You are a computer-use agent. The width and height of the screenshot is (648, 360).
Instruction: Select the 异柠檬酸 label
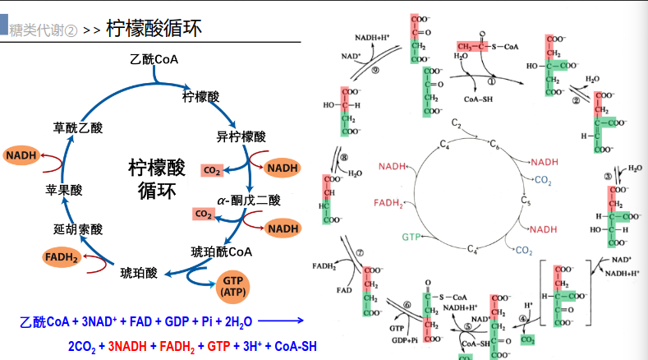pos(241,136)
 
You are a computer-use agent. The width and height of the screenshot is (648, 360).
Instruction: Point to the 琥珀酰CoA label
pos(222,252)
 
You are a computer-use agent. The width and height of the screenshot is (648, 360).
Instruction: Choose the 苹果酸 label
pos(64,190)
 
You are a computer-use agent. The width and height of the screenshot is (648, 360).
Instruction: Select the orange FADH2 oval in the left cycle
pos(62,259)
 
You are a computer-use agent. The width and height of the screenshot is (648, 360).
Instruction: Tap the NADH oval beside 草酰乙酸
pos(20,155)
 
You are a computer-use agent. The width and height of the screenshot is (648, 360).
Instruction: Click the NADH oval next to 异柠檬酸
pos(282,168)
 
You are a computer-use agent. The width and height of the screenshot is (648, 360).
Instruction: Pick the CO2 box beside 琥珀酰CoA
pos(204,215)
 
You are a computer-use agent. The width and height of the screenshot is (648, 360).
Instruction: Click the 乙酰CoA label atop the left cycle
pos(154,60)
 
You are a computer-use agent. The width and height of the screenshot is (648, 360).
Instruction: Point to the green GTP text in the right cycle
pos(412,237)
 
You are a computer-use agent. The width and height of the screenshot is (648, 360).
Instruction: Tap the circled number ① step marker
pos(493,81)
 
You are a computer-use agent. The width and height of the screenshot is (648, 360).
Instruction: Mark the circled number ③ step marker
pos(608,175)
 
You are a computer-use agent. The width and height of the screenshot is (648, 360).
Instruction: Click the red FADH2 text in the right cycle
pos(389,201)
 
